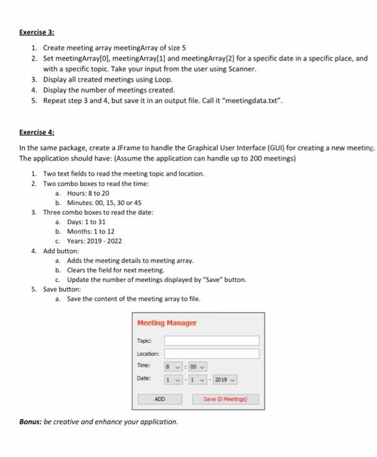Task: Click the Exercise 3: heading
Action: point(37,32)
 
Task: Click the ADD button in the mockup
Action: point(159,398)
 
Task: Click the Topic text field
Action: point(211,340)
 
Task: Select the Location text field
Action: point(211,353)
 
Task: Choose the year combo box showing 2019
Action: point(226,379)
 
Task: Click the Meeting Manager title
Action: point(167,323)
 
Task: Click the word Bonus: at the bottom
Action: point(31,422)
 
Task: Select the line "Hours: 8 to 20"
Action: point(88,193)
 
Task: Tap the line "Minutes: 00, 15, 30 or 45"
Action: point(104,202)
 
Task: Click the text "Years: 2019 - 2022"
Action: point(95,240)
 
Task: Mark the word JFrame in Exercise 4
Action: point(136,149)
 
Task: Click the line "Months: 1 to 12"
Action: point(91,231)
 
